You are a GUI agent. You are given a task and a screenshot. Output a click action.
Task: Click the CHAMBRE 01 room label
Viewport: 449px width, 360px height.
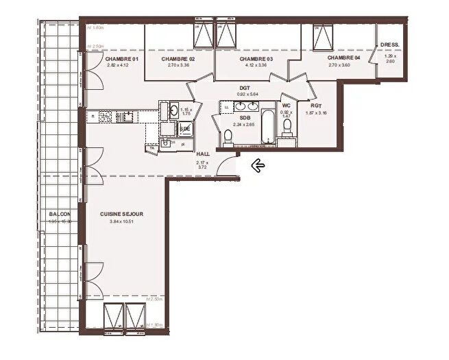tap(122, 59)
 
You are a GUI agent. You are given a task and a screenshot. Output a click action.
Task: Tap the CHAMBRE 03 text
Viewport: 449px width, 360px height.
tap(256, 59)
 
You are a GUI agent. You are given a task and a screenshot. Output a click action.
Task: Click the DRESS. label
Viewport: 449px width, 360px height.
tap(391, 46)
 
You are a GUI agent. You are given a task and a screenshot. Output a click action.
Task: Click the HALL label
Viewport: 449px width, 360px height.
tap(202, 155)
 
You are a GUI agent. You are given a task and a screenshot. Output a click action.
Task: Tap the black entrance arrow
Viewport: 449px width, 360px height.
tap(258, 165)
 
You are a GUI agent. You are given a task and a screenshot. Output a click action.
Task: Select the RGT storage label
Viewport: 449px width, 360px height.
tap(316, 106)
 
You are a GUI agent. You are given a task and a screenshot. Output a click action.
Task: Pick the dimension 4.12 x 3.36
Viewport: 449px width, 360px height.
tap(256, 66)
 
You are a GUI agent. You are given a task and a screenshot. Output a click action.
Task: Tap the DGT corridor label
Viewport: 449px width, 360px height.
tap(245, 88)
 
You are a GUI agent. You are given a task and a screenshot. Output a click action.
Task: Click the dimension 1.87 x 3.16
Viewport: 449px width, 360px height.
tap(316, 112)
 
